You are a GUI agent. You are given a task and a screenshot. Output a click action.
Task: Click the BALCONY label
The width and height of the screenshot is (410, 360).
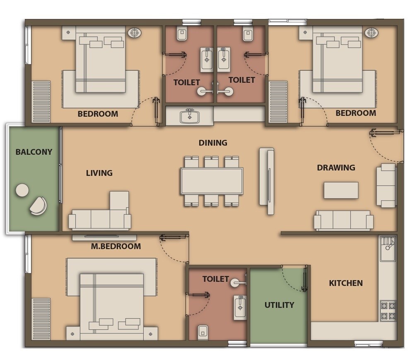[x=34, y=152]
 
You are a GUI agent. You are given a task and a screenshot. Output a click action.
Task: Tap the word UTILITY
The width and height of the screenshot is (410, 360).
[x=279, y=305]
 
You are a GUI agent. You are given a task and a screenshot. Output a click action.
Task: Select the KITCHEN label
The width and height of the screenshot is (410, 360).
[x=346, y=283]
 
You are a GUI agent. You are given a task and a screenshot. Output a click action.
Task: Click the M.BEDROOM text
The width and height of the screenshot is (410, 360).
[x=116, y=247]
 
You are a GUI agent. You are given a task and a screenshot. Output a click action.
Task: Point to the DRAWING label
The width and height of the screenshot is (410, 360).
[x=336, y=168]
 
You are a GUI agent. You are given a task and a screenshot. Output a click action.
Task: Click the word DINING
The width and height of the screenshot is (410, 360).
[x=213, y=143]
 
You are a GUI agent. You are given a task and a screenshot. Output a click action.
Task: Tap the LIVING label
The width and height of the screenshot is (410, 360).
[x=99, y=173]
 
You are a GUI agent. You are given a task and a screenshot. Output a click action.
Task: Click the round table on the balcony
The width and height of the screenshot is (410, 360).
[x=22, y=190]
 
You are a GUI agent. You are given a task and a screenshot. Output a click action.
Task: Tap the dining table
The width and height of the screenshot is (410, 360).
[x=212, y=181]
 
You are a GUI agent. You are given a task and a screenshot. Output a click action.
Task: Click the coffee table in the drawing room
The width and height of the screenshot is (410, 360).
[x=341, y=190]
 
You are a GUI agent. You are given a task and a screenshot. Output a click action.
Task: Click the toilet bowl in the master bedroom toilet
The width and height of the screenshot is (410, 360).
[x=203, y=331]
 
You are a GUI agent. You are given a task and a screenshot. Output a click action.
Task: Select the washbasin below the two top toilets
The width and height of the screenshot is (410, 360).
[x=190, y=116]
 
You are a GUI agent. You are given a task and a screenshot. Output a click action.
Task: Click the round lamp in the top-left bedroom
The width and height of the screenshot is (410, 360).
[x=134, y=33]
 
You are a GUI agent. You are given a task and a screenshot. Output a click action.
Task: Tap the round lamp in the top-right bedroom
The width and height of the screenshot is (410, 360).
[x=371, y=33]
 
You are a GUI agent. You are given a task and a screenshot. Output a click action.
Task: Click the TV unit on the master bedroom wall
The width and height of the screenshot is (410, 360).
[x=104, y=238]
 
